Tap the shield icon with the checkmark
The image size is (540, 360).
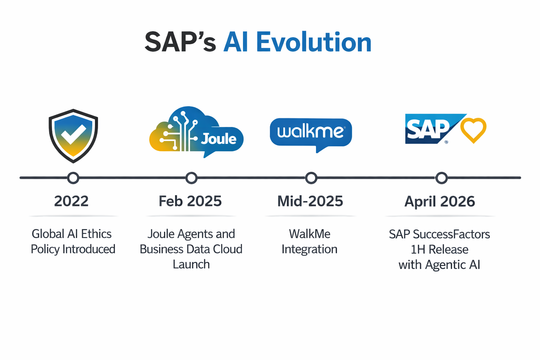pyautogui.click(x=73, y=136)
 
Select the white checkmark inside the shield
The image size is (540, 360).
pyautogui.click(x=73, y=134)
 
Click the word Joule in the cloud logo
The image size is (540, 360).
pyautogui.click(x=219, y=139)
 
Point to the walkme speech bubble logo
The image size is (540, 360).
pyautogui.click(x=311, y=133)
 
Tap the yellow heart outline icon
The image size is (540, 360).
pyautogui.click(x=473, y=130)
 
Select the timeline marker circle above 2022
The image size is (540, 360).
pyautogui.click(x=73, y=178)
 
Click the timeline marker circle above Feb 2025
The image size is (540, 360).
pyautogui.click(x=191, y=178)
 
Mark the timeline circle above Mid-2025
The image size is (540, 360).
pyautogui.click(x=311, y=178)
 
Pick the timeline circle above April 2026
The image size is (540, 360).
pyautogui.click(x=442, y=178)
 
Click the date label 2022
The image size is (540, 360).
pyautogui.click(x=71, y=201)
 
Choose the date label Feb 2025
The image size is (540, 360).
pyautogui.click(x=190, y=201)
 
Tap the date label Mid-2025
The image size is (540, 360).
pyautogui.click(x=310, y=201)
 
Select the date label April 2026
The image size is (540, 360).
pyautogui.click(x=439, y=201)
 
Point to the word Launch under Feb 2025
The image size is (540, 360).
pyautogui.click(x=191, y=264)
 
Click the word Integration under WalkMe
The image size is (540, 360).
pyautogui.click(x=309, y=249)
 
